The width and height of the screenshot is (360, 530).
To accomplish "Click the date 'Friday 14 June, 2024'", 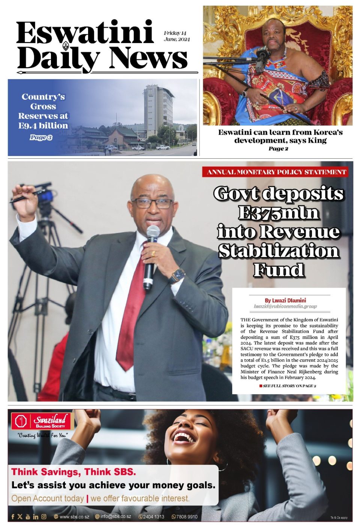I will coord(177,36).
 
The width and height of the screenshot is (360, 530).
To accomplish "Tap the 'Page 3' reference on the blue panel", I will coord(41,137).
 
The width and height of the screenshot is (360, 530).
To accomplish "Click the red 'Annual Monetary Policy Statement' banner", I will coord(276,172).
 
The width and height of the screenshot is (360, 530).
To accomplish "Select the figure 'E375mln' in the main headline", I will coord(278,213).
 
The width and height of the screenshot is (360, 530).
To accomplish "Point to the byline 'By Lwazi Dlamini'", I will coord(285,300).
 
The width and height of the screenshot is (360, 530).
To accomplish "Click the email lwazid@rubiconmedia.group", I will coord(285,306).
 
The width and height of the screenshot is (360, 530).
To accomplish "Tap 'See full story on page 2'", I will coord(289,386).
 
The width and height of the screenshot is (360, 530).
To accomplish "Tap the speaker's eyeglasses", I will coord(153,203).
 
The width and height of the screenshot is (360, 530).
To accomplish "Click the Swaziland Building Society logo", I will coord(41,421).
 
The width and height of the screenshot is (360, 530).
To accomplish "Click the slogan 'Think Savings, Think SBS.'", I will coord(73,472).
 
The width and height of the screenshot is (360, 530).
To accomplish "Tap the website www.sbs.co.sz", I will coord(74,517).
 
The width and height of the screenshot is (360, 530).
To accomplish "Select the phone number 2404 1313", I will coord(153,517).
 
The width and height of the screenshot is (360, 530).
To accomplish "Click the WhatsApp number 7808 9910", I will coord(186,517).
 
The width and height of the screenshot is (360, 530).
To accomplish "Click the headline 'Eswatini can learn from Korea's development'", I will coord(280,136).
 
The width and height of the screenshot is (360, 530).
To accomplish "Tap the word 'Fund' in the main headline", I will coord(278,270).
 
